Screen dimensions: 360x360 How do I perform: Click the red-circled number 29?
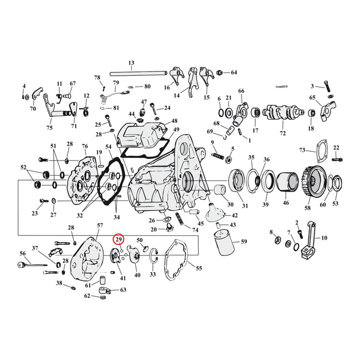tap(119, 239)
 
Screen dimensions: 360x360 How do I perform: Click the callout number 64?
tap(234, 73)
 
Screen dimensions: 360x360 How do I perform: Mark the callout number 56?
tap(23, 253)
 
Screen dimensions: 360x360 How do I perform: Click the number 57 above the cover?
tap(100, 225)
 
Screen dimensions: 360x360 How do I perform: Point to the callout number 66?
tap(241, 91)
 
